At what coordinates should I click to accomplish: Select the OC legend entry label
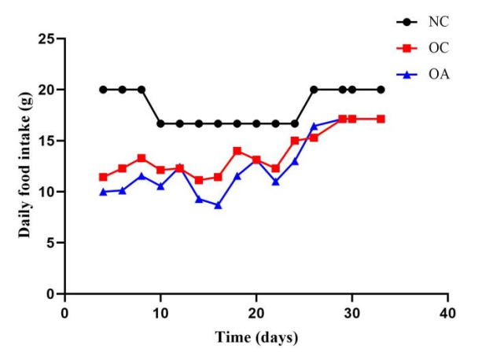(438, 48)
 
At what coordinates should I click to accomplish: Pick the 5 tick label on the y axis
(51, 243)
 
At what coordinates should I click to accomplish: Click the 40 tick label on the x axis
(448, 312)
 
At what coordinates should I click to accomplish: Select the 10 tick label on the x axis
(160, 312)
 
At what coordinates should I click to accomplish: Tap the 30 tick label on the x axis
(352, 312)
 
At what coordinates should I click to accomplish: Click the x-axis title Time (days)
(256, 338)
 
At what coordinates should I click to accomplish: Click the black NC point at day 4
(103, 90)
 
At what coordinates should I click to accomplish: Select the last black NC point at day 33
(381, 90)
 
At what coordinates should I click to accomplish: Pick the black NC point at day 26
(314, 90)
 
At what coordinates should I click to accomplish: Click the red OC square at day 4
(103, 177)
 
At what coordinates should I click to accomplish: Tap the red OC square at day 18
(237, 151)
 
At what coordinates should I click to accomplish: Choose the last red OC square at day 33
(381, 119)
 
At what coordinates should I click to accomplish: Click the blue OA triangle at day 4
(103, 192)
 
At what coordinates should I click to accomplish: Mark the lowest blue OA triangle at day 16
(218, 204)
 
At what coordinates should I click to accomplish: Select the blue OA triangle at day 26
(314, 126)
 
